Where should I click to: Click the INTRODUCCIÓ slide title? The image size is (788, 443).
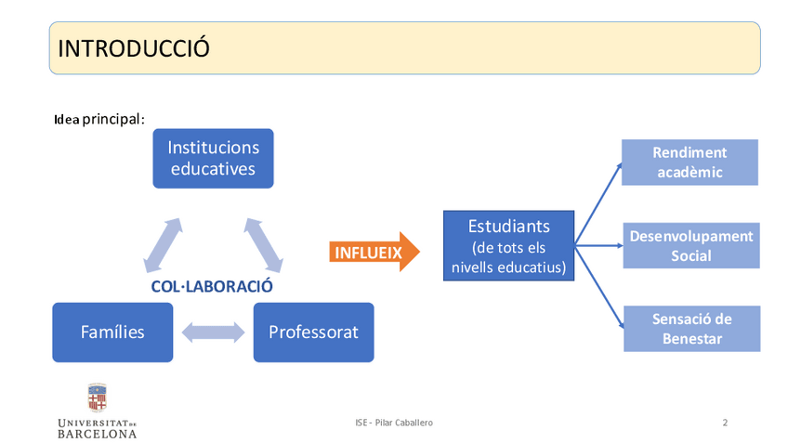point(134,48)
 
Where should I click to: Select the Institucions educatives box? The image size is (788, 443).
point(213,158)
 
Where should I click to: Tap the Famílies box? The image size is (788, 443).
point(112,332)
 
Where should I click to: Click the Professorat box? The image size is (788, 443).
point(313,332)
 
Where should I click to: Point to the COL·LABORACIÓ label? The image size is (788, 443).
point(212,286)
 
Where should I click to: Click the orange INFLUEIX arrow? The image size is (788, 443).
point(372,252)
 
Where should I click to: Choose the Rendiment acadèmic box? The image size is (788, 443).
point(689,163)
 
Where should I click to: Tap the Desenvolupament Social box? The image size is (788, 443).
point(690,245)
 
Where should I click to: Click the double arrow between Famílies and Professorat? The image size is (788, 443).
point(213,332)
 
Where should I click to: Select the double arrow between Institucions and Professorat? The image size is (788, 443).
point(264,245)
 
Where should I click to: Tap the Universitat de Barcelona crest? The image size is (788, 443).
point(97,397)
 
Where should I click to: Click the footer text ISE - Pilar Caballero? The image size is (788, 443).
point(394,423)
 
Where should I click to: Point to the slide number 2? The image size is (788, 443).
point(725,423)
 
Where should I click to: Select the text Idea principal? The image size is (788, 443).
point(99,120)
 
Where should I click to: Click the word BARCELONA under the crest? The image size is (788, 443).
point(97,434)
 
